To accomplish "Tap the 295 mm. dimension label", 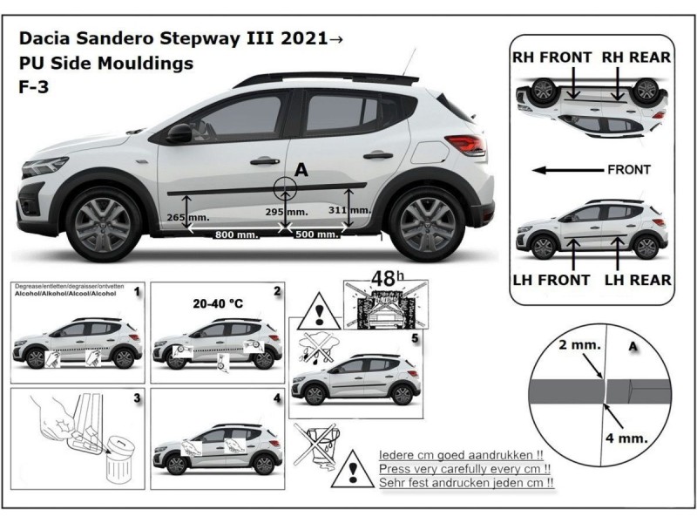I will point(287,212).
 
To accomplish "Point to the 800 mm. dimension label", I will point(235,234).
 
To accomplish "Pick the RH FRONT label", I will point(552,58).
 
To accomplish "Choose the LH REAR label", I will point(639,280).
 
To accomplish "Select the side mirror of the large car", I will point(179,132).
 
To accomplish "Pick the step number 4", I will point(276,398).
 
